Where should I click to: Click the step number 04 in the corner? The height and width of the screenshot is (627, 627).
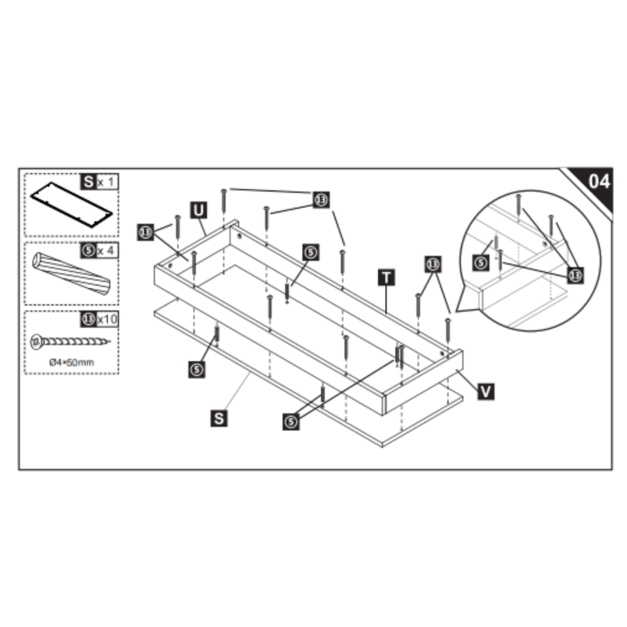click(598, 181)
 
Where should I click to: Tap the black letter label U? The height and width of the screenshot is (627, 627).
click(198, 210)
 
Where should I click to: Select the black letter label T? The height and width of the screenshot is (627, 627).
click(386, 277)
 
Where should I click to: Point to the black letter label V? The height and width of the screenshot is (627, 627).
click(485, 391)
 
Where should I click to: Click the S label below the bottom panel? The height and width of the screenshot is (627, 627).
click(219, 418)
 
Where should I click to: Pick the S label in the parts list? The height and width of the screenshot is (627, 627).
click(89, 181)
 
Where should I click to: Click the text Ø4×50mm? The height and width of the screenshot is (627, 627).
click(72, 362)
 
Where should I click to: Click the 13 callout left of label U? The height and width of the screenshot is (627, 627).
click(146, 232)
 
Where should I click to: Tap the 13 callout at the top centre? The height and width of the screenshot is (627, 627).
click(321, 200)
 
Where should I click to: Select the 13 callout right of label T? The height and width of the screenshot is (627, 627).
click(432, 265)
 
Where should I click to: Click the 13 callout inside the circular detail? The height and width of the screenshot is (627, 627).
click(575, 276)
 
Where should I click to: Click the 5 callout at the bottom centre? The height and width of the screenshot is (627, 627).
click(291, 421)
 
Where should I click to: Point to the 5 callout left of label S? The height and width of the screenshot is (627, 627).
click(197, 369)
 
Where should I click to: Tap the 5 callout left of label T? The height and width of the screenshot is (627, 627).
click(312, 252)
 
